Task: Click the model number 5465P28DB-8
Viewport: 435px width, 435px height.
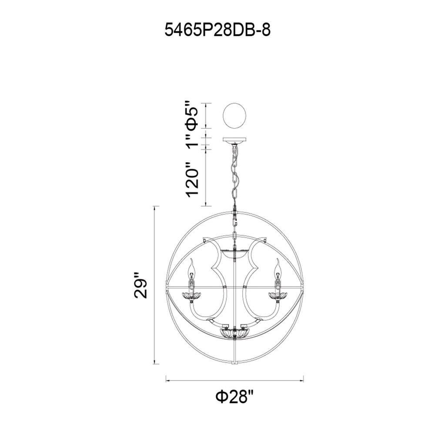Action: [x=217, y=30]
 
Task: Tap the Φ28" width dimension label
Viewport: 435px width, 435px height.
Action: [x=235, y=397]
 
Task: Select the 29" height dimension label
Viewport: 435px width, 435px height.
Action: [x=141, y=286]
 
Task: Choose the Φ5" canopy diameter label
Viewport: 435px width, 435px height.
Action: [x=192, y=114]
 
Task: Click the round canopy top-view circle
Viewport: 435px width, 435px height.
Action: [x=235, y=116]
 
